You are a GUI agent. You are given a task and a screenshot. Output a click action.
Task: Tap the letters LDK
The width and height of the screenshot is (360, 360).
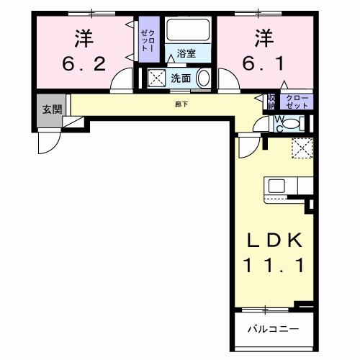point(273,240)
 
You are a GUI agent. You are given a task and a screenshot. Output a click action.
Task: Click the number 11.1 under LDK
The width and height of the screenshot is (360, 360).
point(273,264)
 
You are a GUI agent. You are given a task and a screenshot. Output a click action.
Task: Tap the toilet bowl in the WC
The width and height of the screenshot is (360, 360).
point(288,123)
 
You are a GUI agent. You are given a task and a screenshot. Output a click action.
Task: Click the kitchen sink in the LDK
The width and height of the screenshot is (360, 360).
point(278,185)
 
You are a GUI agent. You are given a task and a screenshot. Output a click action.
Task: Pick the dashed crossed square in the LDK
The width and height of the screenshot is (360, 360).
point(301,148)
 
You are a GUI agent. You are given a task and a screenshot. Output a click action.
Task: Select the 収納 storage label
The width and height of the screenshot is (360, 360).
point(271,102)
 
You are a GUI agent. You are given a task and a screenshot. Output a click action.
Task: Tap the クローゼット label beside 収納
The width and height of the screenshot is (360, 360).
point(297,102)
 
